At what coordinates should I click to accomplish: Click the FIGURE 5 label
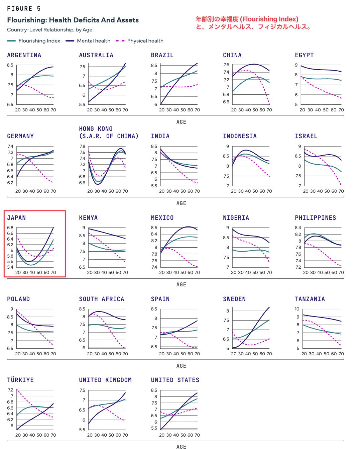coord(24,9)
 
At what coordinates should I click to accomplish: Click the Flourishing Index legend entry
coord(33,41)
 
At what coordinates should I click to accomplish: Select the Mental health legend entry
coord(88,41)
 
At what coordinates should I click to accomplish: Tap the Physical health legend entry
coord(139,41)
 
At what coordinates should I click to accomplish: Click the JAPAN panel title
coord(16,217)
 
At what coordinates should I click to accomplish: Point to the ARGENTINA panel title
coord(24,55)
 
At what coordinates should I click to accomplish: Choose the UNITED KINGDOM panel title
coord(105,380)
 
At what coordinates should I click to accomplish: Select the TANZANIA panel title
coord(310,299)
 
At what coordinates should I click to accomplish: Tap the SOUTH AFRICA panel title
coord(102,299)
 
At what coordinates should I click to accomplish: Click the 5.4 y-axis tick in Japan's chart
coord(10,267)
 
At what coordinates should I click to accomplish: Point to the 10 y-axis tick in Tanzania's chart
coord(297,309)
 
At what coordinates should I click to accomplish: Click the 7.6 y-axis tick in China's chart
coord(226,65)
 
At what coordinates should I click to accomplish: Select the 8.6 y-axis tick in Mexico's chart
coord(154,228)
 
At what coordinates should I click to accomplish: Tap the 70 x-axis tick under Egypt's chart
coord(341,110)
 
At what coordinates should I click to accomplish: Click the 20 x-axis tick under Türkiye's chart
coord(18,435)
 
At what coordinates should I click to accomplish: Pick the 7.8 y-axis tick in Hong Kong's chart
coord(82,146)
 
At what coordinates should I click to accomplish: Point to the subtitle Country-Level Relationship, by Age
coord(49,30)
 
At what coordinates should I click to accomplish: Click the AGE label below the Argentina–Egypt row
coord(181,122)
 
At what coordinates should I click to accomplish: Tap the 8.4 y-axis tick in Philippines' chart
coord(298,228)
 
